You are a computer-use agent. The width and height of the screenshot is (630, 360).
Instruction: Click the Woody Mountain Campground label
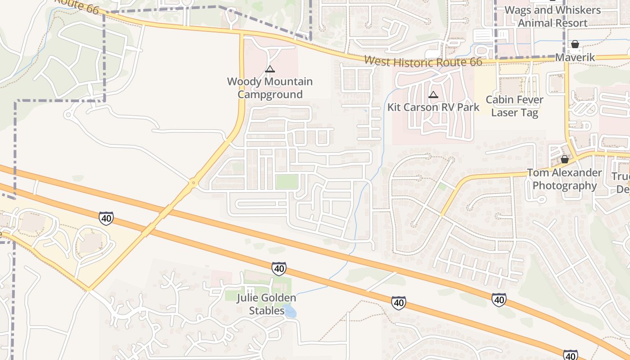270,88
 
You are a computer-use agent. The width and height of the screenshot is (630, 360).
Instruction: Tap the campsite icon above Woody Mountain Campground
270,69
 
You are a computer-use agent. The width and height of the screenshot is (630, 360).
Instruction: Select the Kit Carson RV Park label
433,108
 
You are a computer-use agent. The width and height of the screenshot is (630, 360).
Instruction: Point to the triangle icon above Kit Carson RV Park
433,94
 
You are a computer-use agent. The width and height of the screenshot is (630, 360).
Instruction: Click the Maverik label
575,58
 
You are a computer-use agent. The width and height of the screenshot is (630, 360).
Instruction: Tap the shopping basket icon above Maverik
575,44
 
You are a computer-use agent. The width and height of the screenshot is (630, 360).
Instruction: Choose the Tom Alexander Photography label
564,179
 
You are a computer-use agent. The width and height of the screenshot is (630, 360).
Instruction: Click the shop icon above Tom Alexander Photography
564,160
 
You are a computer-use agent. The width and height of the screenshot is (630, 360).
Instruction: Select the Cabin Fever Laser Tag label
514,106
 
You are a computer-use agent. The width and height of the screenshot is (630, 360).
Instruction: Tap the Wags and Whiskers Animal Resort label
552,17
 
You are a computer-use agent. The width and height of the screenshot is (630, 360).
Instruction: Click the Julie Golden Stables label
267,304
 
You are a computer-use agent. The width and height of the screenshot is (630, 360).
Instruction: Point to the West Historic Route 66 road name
423,61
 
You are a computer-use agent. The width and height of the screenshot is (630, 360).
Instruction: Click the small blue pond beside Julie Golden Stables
290,311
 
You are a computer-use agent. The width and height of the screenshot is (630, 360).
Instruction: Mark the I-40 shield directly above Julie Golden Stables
279,269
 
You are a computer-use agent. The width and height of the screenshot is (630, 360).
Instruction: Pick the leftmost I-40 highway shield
106,218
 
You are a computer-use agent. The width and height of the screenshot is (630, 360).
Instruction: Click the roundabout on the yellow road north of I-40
193,183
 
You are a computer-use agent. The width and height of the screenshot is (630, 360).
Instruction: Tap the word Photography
564,186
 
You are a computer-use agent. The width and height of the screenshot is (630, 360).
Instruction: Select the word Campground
270,94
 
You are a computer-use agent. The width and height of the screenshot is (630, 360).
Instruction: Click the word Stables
267,310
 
